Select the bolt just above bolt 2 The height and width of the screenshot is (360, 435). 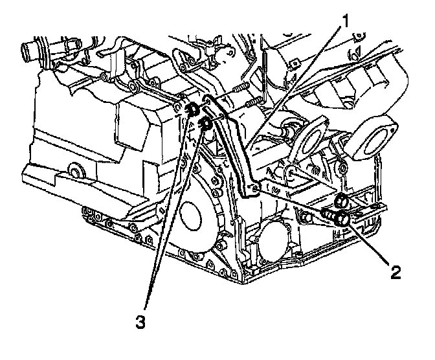coord(340,202)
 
